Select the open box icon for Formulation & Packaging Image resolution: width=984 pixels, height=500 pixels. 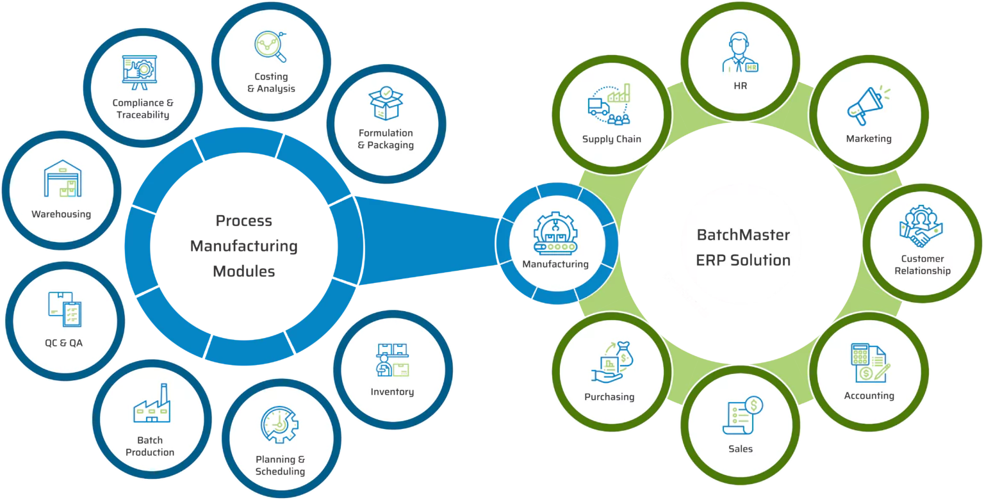tap(385, 103)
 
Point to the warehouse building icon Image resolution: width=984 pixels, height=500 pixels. tap(62, 179)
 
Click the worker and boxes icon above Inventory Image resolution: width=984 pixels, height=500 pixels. tap(392, 360)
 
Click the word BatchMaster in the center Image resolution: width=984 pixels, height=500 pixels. tap(743, 235)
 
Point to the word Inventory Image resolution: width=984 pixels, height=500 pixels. tap(392, 392)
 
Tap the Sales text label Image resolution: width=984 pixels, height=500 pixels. tap(741, 449)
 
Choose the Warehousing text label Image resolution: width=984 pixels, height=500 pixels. tap(61, 214)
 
